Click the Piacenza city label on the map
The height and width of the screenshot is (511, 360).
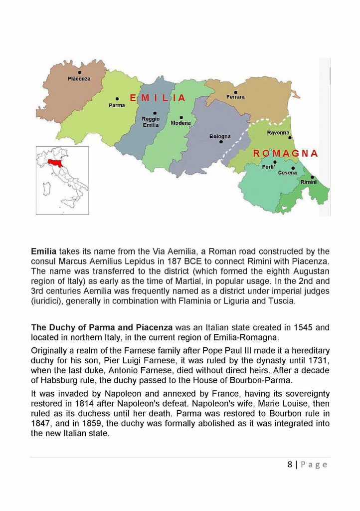pyautogui.click(x=79, y=79)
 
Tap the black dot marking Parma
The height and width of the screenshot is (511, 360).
pyautogui.click(x=117, y=99)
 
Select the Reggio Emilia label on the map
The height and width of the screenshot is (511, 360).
pyautogui.click(x=151, y=122)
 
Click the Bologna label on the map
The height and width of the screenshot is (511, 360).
pyautogui.click(x=220, y=136)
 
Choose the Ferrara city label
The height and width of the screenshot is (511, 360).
pyautogui.click(x=235, y=97)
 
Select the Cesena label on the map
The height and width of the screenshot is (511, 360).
pyautogui.click(x=287, y=173)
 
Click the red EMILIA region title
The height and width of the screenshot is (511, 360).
pyautogui.click(x=158, y=98)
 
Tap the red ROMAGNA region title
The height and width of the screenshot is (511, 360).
pyautogui.click(x=285, y=153)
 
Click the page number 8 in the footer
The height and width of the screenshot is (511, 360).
pyautogui.click(x=290, y=465)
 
